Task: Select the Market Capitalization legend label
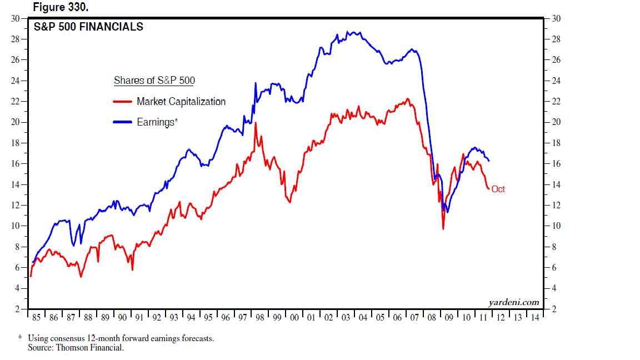tap(181, 102)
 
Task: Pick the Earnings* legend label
tap(157, 122)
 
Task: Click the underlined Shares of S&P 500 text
tap(154, 81)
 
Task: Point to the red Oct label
tap(498, 189)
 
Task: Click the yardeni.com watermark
tap(514, 302)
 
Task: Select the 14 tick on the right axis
tap(556, 184)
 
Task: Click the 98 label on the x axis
tap(260, 318)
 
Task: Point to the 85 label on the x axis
tap(36, 318)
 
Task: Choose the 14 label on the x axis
tap(535, 318)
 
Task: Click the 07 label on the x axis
tap(414, 318)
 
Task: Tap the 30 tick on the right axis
tap(556, 19)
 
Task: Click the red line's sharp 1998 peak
tap(256, 123)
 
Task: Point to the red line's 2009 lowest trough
tap(443, 228)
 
